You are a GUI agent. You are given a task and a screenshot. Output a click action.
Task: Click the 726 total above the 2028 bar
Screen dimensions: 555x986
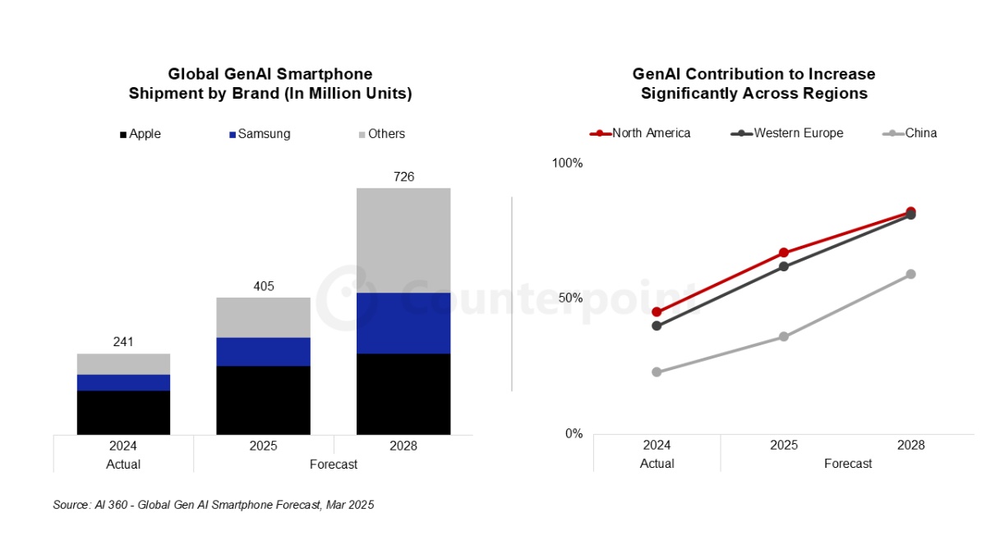pos(403,177)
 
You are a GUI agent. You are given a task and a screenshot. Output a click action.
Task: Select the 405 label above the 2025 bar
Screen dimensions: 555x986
pos(264,286)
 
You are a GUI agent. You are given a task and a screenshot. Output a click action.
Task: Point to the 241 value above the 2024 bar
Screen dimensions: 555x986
pos(123,342)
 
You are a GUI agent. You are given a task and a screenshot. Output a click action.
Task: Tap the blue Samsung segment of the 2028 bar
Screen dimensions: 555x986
pos(403,323)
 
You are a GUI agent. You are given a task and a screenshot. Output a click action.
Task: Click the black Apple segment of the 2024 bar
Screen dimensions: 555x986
pos(123,412)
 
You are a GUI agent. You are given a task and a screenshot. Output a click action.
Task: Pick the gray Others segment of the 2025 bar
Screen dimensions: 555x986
pos(264,317)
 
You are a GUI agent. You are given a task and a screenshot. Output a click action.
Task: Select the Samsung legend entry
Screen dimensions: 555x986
pos(259,134)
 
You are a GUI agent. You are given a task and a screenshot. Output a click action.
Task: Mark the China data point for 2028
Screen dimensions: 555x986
pos(910,274)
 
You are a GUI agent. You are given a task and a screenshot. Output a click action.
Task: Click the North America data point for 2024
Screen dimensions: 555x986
pos(657,312)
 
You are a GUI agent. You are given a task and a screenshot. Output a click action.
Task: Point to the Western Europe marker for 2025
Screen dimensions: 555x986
pos(784,266)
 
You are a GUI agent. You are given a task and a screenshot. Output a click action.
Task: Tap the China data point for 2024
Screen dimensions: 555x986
pos(657,372)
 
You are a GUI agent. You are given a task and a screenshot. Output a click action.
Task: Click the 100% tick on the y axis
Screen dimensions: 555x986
pos(567,163)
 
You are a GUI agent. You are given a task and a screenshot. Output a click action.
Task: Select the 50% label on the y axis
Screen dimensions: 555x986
pos(570,298)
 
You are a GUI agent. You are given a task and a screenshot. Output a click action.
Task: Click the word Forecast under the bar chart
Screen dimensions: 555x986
pos(334,465)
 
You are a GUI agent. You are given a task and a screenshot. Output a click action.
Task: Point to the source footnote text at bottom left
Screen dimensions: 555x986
pos(214,506)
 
